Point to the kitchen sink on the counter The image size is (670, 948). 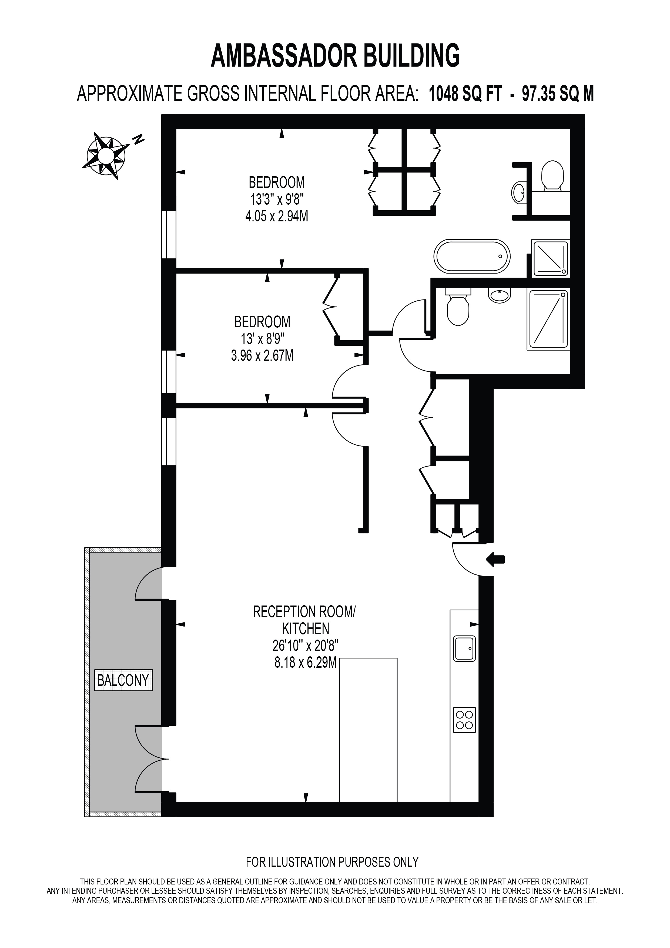(x=465, y=648)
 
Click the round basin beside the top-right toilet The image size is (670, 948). (x=519, y=192)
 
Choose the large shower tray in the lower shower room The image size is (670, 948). (x=548, y=320)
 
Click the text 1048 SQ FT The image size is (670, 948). (x=465, y=94)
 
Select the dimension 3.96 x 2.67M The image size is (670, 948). (x=262, y=355)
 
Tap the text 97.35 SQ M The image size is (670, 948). (x=558, y=94)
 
